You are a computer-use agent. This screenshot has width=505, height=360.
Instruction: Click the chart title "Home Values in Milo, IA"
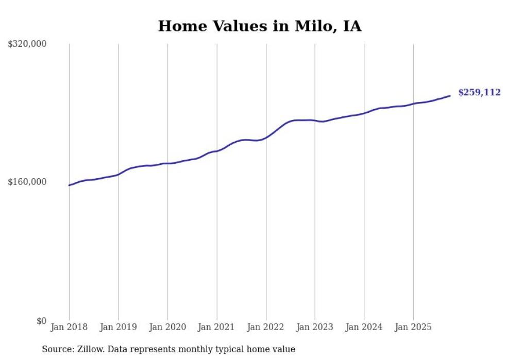(x=260, y=26)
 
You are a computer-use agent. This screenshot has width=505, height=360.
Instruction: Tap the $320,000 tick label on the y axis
(x=27, y=44)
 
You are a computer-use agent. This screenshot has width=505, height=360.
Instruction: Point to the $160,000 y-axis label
(x=27, y=182)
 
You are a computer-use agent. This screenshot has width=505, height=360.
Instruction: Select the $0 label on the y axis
(x=41, y=321)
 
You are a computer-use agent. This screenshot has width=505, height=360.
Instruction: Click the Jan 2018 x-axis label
(x=69, y=327)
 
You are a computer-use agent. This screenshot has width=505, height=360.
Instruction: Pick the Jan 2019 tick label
(x=119, y=327)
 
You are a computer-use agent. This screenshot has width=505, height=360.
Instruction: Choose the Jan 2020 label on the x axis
(x=167, y=327)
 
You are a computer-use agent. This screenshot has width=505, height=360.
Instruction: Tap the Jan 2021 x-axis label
(x=216, y=327)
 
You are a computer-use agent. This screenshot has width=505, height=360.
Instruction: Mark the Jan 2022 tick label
(x=266, y=327)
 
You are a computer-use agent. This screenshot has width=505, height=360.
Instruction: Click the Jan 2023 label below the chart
(x=315, y=327)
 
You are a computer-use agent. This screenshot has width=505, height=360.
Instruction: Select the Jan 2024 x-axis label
(x=364, y=327)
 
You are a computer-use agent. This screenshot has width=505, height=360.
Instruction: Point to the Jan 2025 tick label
(x=413, y=327)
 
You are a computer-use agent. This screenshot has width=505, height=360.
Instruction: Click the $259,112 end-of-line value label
(x=479, y=93)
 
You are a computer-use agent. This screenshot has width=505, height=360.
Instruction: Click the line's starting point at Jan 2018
(x=69, y=185)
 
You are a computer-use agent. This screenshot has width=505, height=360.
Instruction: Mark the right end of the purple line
(x=450, y=96)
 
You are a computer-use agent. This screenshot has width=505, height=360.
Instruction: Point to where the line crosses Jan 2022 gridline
(x=266, y=138)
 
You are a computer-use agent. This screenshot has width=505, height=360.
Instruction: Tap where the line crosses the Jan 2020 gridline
(x=167, y=163)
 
